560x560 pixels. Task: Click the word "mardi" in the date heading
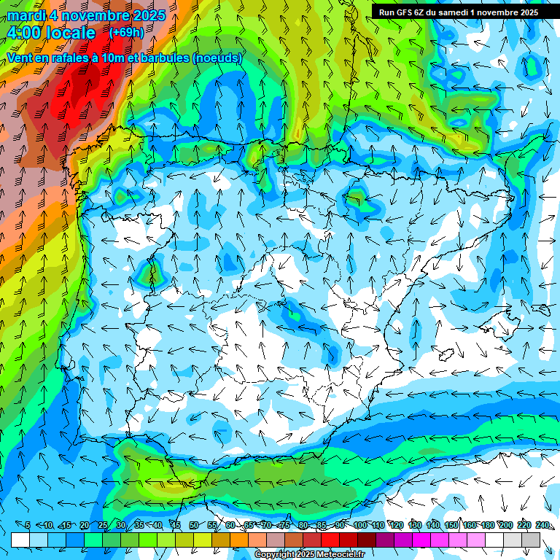point(26,15)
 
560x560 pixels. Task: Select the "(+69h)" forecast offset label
point(126,32)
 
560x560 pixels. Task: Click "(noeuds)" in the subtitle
point(217,58)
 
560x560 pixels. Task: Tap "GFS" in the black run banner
point(408,12)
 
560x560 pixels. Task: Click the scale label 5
point(28,526)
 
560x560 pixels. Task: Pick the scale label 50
point(194,526)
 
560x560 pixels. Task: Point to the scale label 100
point(359,526)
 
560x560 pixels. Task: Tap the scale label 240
point(542,526)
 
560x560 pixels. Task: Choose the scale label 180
point(488,526)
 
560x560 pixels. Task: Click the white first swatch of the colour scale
point(20,540)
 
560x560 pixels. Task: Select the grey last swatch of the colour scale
point(532,540)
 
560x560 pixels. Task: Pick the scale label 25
point(102,526)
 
